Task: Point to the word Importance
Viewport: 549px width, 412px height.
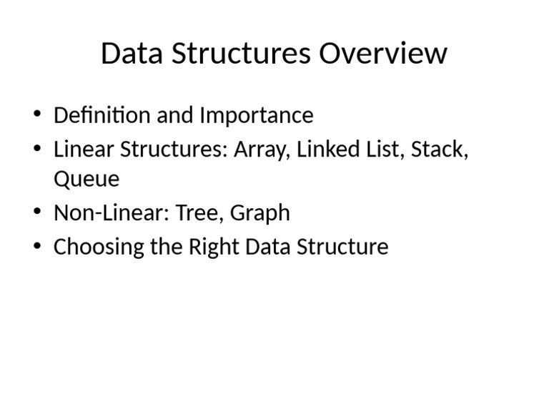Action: [256, 116]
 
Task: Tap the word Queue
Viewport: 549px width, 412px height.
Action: [86, 179]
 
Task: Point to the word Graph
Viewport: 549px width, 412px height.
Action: [260, 213]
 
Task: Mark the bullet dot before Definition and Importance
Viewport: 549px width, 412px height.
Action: [37, 115]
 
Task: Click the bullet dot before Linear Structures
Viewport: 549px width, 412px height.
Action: [37, 149]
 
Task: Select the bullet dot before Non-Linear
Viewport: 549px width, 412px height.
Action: [37, 212]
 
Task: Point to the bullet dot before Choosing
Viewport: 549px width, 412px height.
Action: [37, 247]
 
